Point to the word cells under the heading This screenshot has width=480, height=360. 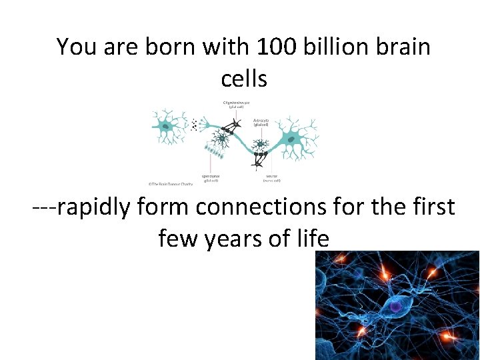(244, 79)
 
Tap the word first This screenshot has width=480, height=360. (431, 207)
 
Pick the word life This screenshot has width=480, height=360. (313, 238)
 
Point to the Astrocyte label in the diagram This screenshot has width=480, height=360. (261, 123)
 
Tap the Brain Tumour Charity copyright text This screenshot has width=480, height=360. (170, 183)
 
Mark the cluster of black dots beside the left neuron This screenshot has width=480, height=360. (195, 124)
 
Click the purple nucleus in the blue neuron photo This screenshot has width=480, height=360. (396, 305)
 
